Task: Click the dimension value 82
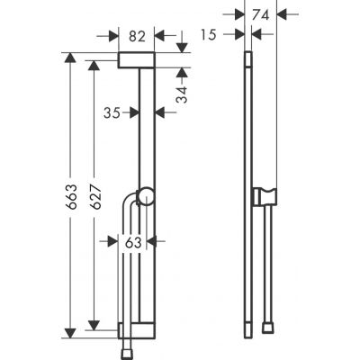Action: pos(137,36)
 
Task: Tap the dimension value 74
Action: pos(263,14)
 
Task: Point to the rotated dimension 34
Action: pos(182,94)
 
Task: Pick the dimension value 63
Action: pos(132,241)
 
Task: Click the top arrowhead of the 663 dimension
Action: pos(69,57)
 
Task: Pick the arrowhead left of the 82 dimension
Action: pos(114,36)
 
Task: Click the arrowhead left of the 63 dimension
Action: pos(116,241)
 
